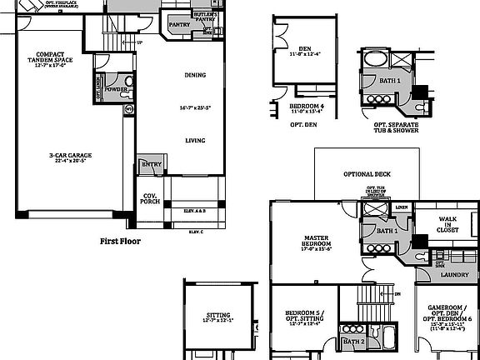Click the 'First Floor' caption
(120, 241)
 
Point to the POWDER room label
(115, 88)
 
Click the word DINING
(195, 75)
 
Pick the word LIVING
(195, 141)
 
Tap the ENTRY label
(151, 165)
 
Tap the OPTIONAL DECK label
(367, 175)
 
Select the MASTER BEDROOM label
(317, 243)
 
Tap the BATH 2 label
(353, 342)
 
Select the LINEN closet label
(402, 207)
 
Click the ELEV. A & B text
(197, 212)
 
